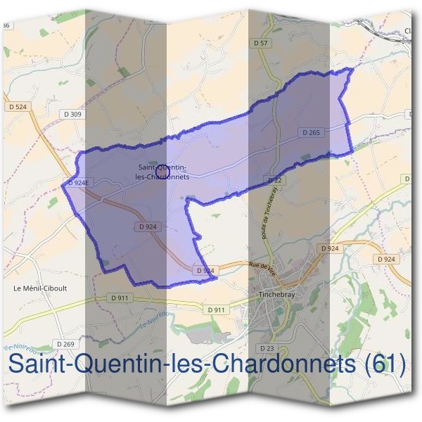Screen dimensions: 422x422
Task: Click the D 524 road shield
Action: pos(19,107)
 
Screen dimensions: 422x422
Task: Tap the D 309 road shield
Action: pos(72,114)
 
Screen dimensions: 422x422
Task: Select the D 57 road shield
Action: pos(260,44)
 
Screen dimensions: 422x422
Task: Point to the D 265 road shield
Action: pos(312,132)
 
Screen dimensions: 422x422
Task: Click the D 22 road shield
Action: pos(276,181)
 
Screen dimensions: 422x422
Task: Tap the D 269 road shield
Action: pos(65,344)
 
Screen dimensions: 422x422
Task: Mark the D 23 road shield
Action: pos(267,348)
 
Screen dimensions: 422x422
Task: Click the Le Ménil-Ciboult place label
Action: pos(40,288)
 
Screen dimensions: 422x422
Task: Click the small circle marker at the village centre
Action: pos(162,170)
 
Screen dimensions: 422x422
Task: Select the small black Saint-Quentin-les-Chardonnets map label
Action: pos(162,172)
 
